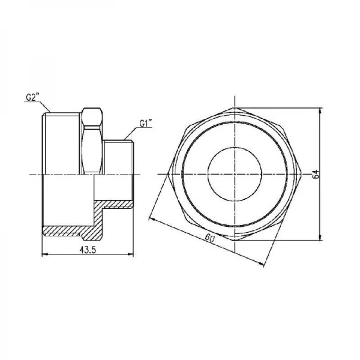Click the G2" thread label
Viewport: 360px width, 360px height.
[33, 97]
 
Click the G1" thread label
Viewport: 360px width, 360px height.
[146, 124]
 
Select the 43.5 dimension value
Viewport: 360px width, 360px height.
[88, 250]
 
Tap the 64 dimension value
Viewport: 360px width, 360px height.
[316, 174]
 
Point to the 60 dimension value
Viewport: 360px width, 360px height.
[209, 238]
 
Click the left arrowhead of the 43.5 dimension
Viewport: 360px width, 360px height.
[44, 254]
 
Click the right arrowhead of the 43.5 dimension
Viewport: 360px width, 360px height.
[131, 254]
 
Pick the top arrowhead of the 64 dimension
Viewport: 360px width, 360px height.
[320, 110]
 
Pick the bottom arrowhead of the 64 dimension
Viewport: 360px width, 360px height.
[320, 238]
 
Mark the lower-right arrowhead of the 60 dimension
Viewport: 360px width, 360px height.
[261, 265]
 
